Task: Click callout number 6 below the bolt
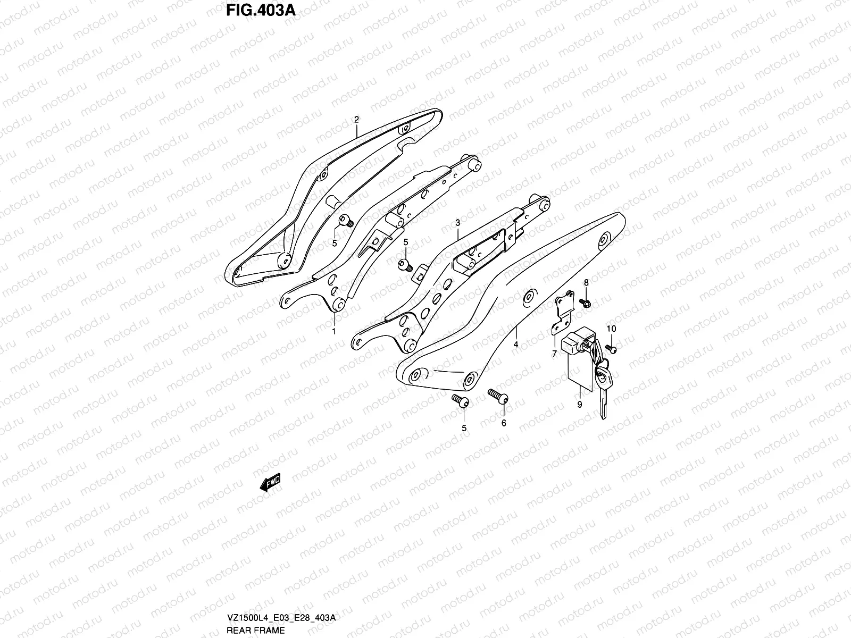[x=503, y=423]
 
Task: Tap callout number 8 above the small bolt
[x=586, y=282]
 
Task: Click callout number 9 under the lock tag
[x=579, y=405]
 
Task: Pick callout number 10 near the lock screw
[x=611, y=329]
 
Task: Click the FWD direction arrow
[x=270, y=483]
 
